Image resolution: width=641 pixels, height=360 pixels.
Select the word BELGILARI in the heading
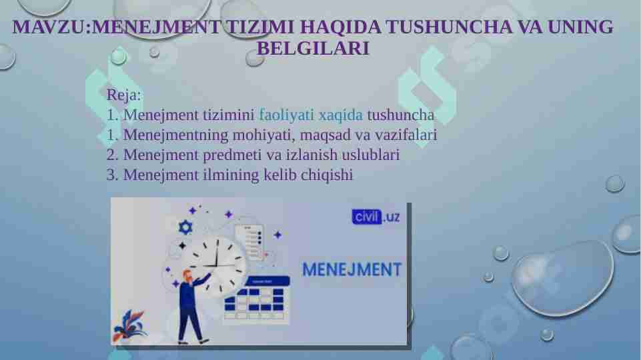(x=313, y=49)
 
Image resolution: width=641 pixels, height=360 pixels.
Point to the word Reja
(x=123, y=95)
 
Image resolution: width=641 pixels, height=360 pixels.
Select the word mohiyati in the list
(x=260, y=135)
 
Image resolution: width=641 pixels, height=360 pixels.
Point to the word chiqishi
(x=327, y=175)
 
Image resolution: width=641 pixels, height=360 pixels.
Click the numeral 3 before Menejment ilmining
(x=111, y=175)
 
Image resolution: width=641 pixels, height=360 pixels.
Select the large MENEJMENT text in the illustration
(x=352, y=269)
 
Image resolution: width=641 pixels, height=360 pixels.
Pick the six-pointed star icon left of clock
(x=185, y=228)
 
